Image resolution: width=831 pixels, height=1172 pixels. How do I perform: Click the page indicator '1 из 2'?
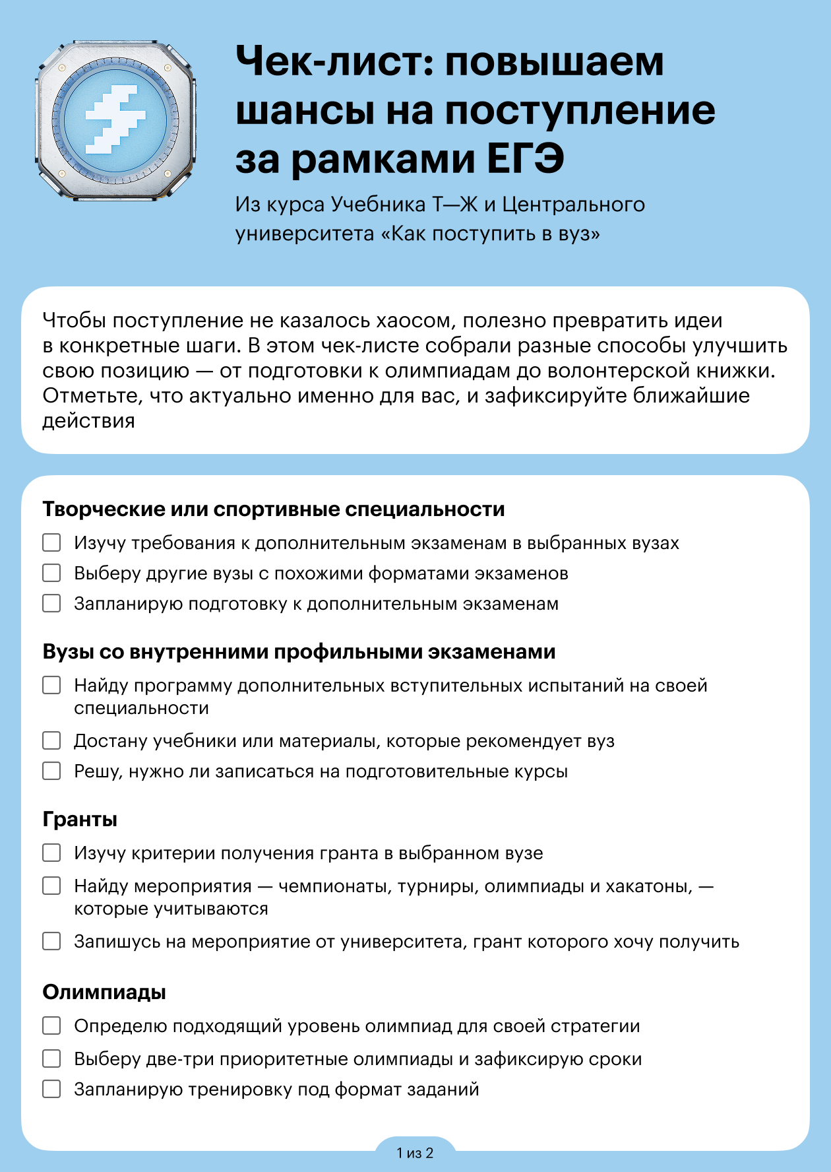pos(415,1153)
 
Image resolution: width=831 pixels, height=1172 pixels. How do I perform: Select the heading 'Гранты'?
pos(80,819)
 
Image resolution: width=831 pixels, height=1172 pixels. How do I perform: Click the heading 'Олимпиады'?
pos(104,992)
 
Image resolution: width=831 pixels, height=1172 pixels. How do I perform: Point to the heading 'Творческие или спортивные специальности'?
pos(274,509)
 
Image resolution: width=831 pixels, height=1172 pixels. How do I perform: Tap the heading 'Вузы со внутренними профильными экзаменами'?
pos(299,652)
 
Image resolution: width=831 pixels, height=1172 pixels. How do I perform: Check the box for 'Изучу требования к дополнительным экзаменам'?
pos(51,542)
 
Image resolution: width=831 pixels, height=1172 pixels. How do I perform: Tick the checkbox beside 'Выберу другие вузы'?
pos(51,573)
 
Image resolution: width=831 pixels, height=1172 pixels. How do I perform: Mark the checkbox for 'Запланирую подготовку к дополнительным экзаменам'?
pos(51,603)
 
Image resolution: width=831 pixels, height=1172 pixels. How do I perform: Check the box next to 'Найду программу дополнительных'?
pos(51,685)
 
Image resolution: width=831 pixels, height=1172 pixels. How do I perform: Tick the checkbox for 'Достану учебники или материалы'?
pos(51,740)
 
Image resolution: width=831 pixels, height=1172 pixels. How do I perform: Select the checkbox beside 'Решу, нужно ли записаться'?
pos(51,771)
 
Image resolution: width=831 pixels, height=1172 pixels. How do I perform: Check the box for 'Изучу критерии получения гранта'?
pos(51,853)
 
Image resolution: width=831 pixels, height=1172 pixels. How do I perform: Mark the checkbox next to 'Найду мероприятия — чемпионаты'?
pos(51,886)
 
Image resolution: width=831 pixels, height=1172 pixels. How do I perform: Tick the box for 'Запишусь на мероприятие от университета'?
pos(51,941)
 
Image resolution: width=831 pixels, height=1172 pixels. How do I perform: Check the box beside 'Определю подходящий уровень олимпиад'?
pos(51,1025)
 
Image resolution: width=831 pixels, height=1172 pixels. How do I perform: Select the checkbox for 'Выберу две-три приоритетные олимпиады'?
pos(51,1058)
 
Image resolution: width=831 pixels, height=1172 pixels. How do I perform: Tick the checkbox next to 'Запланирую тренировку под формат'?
pos(51,1089)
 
